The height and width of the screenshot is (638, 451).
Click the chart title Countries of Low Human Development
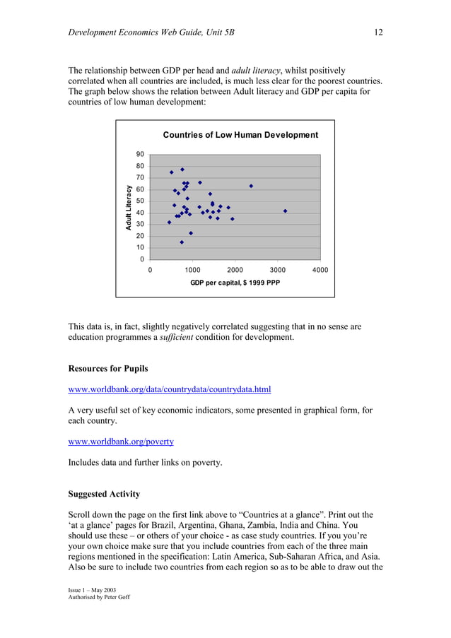[240, 135]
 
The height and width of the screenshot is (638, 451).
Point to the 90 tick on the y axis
[140, 154]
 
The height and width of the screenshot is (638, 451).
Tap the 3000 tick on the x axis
[277, 270]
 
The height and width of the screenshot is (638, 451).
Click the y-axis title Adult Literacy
[129, 207]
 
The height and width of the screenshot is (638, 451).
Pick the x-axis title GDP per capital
[235, 283]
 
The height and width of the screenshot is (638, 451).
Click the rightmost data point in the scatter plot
[285, 211]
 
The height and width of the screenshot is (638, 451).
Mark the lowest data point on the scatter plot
[182, 242]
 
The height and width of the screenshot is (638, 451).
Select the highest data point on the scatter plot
[182, 170]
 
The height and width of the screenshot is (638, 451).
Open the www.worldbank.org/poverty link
[120, 442]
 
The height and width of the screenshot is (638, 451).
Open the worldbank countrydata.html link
[169, 389]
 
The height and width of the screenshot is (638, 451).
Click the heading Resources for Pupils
[108, 368]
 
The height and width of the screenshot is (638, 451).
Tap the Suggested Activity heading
[104, 494]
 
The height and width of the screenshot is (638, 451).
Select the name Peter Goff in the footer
[113, 597]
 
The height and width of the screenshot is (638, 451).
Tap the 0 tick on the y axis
[142, 259]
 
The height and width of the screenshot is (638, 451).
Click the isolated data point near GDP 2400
[251, 186]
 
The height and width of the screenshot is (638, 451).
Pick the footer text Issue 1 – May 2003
[92, 589]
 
